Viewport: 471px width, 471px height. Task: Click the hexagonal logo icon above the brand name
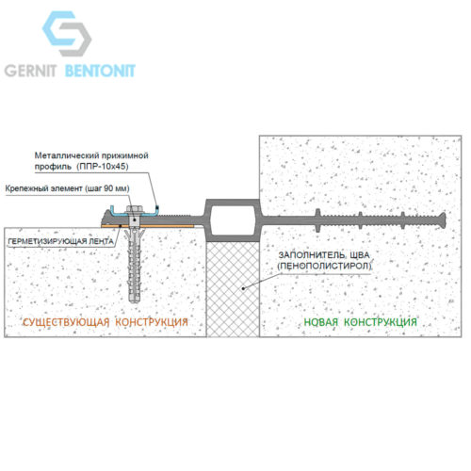tap(67, 34)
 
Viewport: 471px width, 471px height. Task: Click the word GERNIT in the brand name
tap(30, 71)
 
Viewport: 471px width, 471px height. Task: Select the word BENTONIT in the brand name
tap(100, 71)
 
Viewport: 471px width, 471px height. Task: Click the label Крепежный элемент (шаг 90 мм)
tap(67, 188)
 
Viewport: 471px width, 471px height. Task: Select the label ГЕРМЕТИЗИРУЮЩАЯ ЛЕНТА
tap(60, 241)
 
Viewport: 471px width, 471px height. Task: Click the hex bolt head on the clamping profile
tap(135, 208)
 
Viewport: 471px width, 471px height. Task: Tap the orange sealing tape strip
tap(148, 226)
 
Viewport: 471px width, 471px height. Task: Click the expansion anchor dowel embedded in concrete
tap(135, 266)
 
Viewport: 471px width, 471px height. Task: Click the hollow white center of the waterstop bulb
tap(232, 219)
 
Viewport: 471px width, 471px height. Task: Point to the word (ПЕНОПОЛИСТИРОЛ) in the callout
tap(324, 267)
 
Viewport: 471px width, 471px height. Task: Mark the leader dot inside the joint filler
tap(243, 287)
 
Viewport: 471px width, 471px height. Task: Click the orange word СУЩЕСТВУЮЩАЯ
tap(66, 322)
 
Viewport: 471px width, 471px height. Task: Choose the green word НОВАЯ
tap(321, 322)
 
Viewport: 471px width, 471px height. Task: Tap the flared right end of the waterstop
tap(442, 219)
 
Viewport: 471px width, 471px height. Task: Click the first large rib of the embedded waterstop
tap(317, 219)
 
